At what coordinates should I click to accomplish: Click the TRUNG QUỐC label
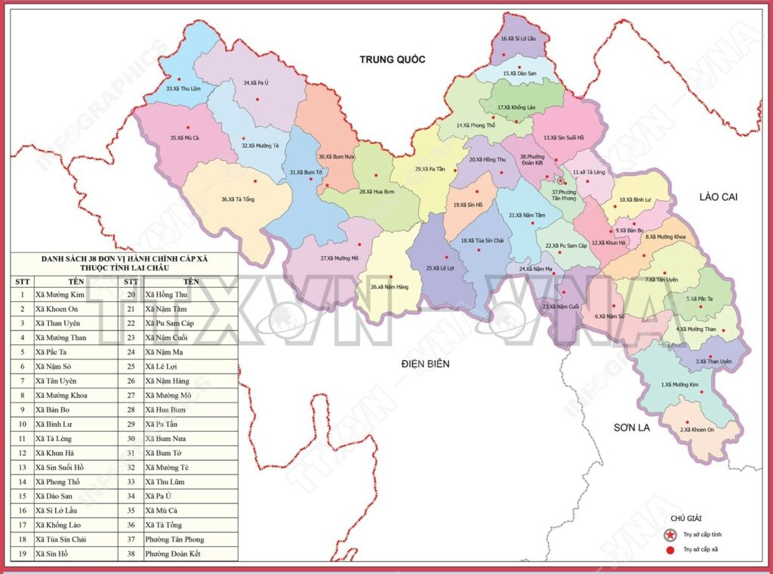393,60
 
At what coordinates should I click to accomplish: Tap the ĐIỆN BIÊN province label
425,364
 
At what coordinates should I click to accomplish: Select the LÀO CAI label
718,197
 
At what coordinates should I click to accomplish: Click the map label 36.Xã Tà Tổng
237,199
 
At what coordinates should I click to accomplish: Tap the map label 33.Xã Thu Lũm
183,88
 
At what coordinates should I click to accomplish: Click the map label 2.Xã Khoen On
697,430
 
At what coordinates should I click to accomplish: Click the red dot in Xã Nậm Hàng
390,276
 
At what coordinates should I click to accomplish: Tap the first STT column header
22,280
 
